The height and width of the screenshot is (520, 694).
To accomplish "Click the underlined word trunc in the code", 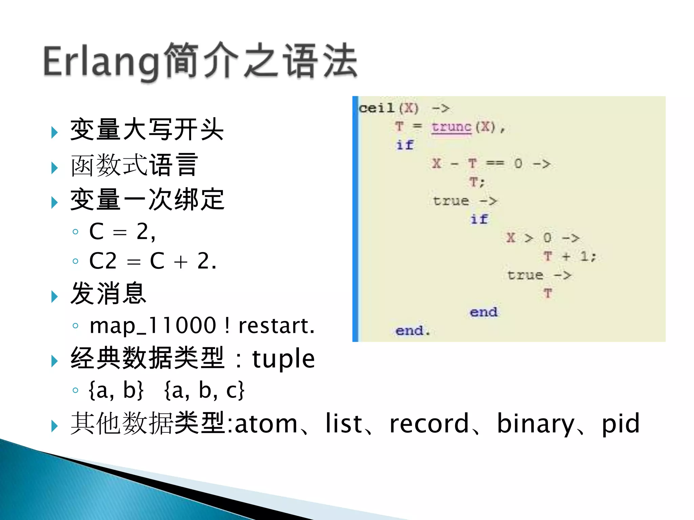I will (451, 127).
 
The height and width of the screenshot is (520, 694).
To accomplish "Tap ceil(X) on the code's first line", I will (389, 108).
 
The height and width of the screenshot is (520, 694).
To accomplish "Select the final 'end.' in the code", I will (412, 330).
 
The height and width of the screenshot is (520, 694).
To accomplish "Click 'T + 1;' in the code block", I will (569, 256).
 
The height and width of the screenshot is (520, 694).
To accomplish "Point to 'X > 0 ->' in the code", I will (543, 238).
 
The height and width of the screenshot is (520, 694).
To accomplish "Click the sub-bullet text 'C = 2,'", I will (122, 232).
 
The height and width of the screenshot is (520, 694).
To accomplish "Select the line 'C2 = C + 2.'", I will (152, 261).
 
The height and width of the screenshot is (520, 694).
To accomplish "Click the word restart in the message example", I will (277, 326).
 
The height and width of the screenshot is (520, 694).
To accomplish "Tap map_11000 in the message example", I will (152, 326).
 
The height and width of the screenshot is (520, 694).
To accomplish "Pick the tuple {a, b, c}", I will (204, 390).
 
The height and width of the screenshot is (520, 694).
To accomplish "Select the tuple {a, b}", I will (116, 390).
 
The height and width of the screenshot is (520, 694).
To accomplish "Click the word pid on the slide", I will (620, 423).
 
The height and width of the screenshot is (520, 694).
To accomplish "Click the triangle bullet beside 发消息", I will (54, 297).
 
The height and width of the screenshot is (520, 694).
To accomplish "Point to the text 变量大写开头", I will (147, 130).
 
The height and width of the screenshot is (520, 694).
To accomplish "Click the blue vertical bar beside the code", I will (355, 219).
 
